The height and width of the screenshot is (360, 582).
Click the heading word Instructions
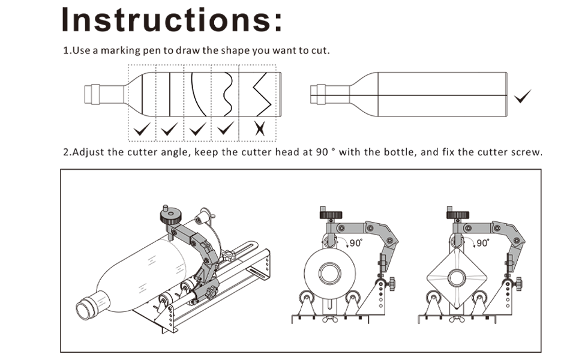point(172,19)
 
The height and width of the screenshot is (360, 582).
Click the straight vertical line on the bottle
point(170,95)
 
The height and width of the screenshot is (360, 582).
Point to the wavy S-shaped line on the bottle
point(227,94)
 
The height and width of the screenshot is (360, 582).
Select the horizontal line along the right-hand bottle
point(420,95)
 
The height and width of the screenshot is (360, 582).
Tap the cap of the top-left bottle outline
point(92,95)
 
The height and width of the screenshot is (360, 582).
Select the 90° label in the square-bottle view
point(482,243)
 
